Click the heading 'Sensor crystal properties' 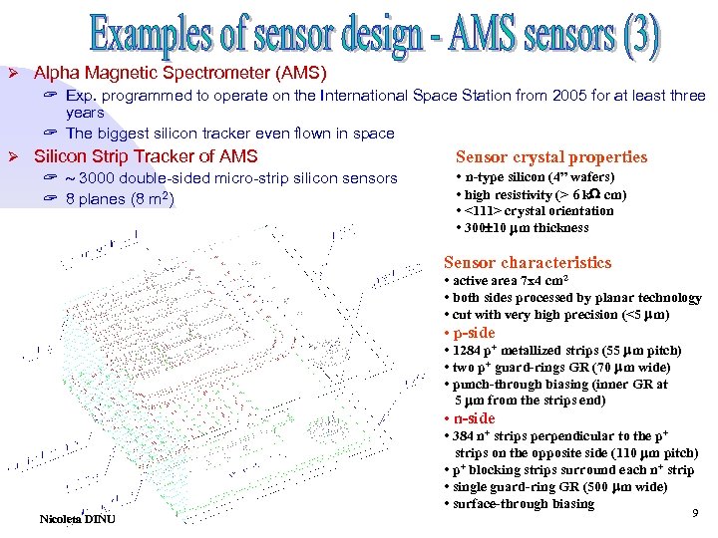pos(550,156)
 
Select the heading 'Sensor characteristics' pos(527,263)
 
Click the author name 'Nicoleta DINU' pos(78,519)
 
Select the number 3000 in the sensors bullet pos(101,178)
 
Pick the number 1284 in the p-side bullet pos(472,351)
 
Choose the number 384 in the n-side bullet pos(468,436)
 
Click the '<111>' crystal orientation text pos(476,211)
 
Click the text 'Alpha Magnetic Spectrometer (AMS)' pos(179,74)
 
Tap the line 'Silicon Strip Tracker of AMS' pos(146,156)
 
